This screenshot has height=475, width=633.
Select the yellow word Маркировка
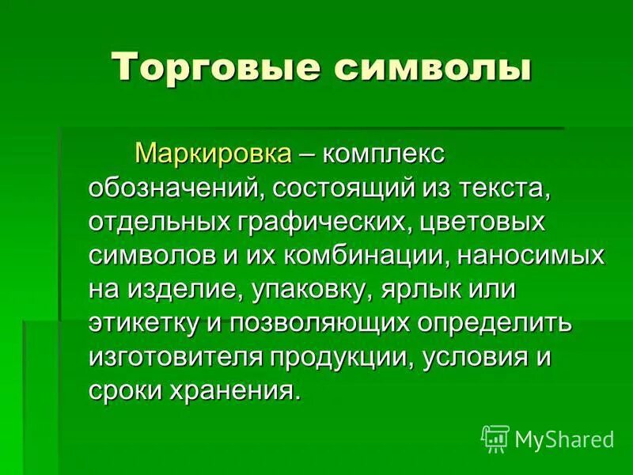tap(213, 152)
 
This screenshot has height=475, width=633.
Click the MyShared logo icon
tap(495, 438)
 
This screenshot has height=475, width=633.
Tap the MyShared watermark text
tap(564, 439)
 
